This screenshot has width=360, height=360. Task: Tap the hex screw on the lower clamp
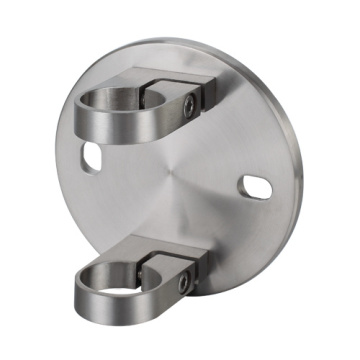tap(182, 284)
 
